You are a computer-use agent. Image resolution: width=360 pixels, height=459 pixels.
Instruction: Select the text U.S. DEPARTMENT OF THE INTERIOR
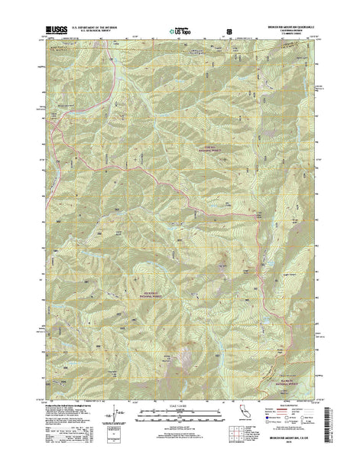click(95, 26)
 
